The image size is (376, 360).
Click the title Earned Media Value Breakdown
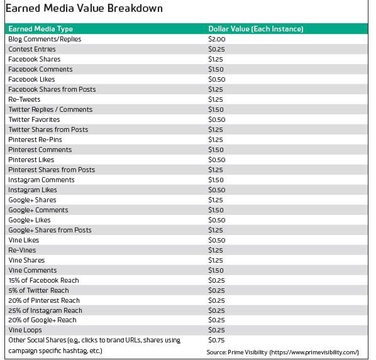click(84, 8)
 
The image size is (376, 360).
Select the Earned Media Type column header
click(40, 29)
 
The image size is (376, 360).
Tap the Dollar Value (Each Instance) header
click(256, 29)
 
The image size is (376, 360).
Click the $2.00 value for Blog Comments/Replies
click(217, 39)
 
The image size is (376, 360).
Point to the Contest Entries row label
click(32, 49)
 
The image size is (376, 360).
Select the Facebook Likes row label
click(31, 79)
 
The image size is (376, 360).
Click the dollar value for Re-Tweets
click(216, 99)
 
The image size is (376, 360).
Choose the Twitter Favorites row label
click(34, 119)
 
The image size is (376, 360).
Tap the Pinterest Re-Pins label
click(35, 139)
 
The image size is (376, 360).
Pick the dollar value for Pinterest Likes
click(217, 160)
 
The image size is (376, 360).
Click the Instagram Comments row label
click(41, 180)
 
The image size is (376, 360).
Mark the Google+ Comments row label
click(38, 210)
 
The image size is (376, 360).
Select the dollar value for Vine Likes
click(217, 240)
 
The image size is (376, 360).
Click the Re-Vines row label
click(22, 250)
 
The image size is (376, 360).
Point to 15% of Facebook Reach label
click(43, 280)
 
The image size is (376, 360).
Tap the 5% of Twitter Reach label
click(38, 290)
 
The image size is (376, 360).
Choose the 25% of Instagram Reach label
click(45, 310)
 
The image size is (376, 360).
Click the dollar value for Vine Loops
click(216, 330)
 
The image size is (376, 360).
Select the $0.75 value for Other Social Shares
click(216, 341)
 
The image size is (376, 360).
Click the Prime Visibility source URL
click(314, 352)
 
